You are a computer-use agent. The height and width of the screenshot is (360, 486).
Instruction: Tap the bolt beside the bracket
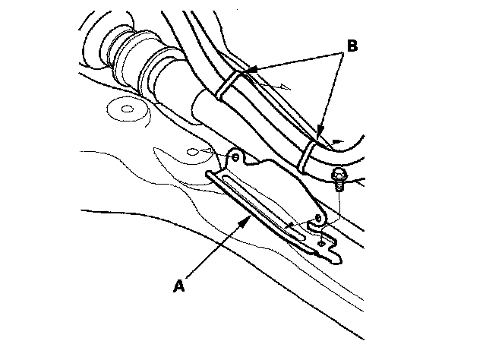point(339,183)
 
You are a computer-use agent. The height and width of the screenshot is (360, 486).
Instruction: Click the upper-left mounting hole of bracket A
point(235,157)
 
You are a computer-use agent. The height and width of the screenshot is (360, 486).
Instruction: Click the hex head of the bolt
point(339,178)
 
